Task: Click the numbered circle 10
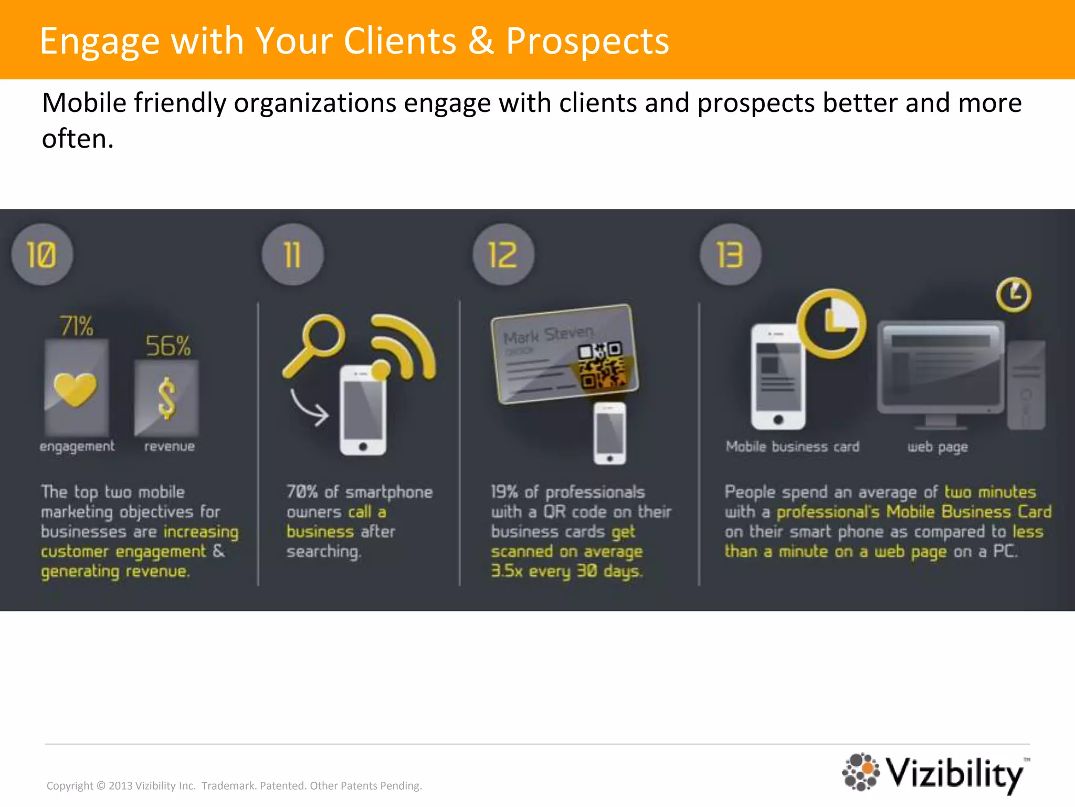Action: (42, 255)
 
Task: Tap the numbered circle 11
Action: (292, 255)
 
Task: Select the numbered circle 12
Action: (503, 255)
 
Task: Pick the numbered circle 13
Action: (730, 255)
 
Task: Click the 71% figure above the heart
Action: (77, 326)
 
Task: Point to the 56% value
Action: (168, 346)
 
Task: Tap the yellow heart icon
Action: (76, 389)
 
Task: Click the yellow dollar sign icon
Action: (167, 398)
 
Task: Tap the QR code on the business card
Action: (602, 365)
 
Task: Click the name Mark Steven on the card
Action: (549, 335)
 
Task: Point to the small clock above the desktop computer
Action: (1014, 294)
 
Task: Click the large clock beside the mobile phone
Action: (831, 323)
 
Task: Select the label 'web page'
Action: (937, 447)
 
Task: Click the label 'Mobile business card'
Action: (793, 447)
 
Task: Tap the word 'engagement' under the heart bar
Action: (77, 447)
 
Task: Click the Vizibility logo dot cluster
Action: (861, 771)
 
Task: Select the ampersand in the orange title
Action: (481, 41)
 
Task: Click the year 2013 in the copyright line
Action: (121, 786)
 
